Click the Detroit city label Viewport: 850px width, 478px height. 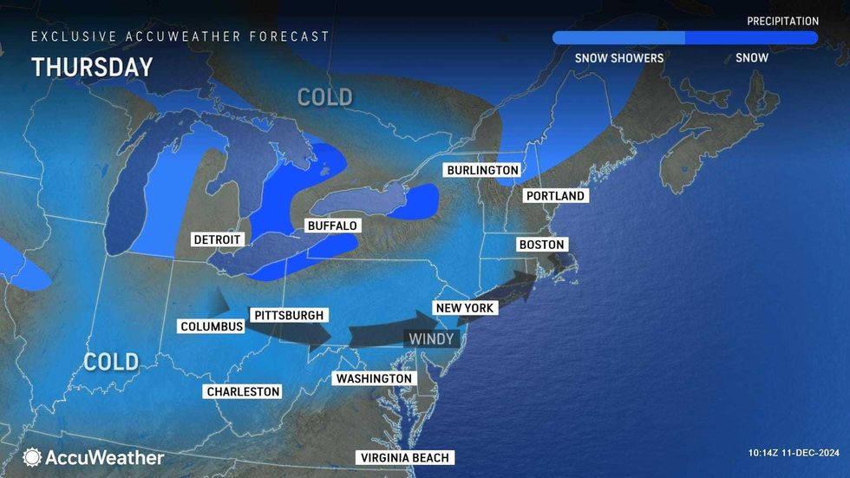[x=219, y=239]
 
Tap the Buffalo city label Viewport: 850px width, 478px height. [x=332, y=226]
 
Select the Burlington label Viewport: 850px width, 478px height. [x=483, y=170]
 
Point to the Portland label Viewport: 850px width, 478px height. [x=555, y=196]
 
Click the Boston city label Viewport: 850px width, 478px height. [x=541, y=245]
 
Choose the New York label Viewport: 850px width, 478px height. [x=465, y=308]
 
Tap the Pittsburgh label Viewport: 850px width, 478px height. [x=288, y=315]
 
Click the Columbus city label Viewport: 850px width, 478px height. [x=212, y=326]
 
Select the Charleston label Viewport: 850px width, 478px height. [x=243, y=391]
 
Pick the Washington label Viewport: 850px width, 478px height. [x=374, y=379]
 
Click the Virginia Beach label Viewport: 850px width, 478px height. [x=404, y=458]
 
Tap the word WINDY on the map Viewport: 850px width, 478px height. [x=432, y=339]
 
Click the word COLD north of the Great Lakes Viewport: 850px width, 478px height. [x=325, y=97]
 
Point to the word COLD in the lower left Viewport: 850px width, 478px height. [x=111, y=361]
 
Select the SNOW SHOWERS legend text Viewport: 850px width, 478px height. [x=619, y=58]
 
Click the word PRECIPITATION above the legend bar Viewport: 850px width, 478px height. [x=782, y=21]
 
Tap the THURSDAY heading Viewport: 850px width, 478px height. [x=92, y=68]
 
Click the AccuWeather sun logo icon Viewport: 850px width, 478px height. [x=32, y=457]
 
